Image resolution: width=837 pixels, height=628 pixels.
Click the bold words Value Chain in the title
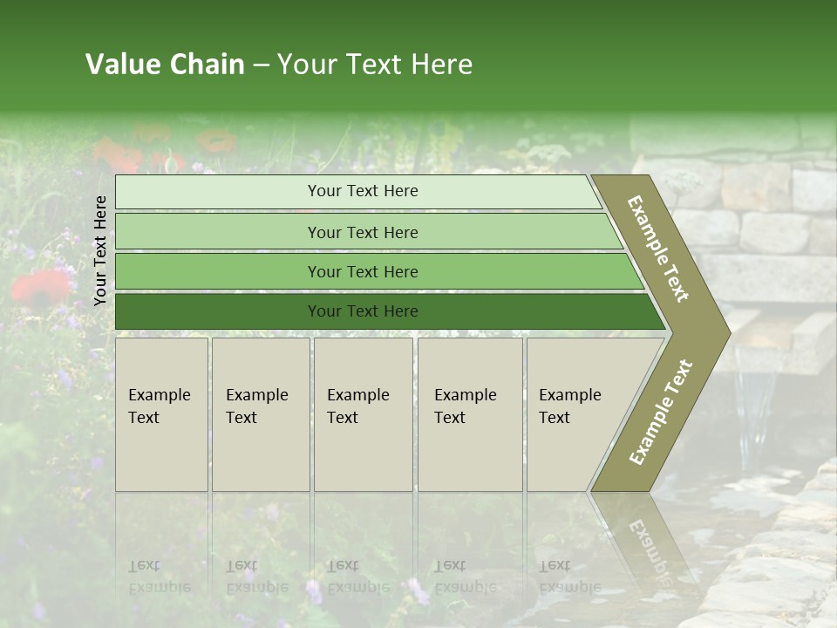coord(165,65)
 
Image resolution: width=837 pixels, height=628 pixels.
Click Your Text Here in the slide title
coord(375,65)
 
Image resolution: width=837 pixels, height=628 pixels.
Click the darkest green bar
coord(218,311)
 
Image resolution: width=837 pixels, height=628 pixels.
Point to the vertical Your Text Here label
coord(100,250)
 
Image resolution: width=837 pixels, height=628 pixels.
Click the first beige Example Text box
coord(161,414)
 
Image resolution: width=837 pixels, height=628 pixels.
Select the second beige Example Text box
coord(260,414)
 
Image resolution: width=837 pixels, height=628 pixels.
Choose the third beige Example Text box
coord(363,414)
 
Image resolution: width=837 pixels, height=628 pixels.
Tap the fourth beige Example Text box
coord(469,414)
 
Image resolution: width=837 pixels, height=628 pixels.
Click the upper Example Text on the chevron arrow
coord(658,249)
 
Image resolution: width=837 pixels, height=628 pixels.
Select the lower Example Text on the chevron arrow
coord(661,412)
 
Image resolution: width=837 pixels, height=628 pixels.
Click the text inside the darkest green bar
coord(363,311)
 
